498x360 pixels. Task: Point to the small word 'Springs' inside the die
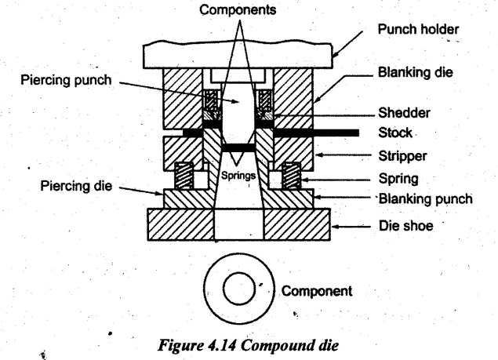[238, 177]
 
